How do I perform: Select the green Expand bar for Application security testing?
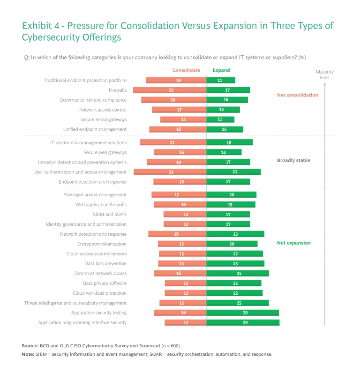click(243, 313)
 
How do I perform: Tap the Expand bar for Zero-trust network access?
click(238, 273)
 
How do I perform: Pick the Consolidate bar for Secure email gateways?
click(183, 119)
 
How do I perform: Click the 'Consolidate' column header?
click(186, 70)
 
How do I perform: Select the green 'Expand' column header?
click(221, 70)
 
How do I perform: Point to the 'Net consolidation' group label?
click(297, 95)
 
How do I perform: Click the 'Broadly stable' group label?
click(293, 160)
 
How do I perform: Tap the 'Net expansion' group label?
click(293, 243)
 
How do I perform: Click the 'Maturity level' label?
click(324, 75)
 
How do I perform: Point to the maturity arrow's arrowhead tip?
click(324, 82)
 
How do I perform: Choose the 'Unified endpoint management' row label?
click(95, 129)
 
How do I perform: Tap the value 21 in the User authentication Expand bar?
click(235, 172)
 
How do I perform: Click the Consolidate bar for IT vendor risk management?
click(173, 142)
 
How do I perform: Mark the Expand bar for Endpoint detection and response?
click(228, 182)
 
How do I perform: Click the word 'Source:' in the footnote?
click(30, 345)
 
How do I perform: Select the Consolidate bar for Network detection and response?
click(177, 234)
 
